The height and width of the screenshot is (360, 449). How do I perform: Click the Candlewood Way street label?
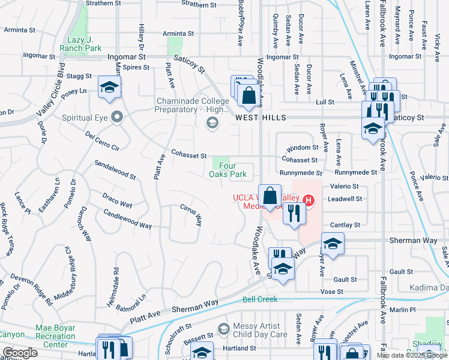click(x=127, y=219)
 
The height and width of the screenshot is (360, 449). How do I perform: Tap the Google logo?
click(x=19, y=353)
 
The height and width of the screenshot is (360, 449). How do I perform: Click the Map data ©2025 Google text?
click(x=411, y=355)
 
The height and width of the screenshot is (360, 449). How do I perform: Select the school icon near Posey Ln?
click(x=110, y=88)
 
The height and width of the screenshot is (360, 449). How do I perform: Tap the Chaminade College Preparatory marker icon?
click(x=211, y=124)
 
